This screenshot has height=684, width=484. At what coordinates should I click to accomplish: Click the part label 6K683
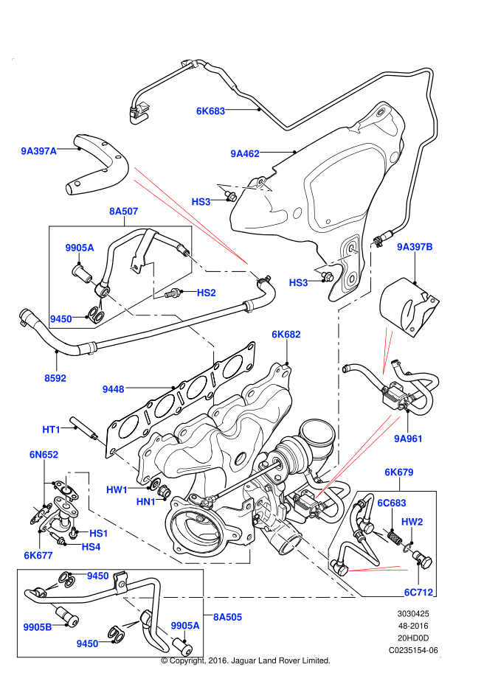[x=210, y=111]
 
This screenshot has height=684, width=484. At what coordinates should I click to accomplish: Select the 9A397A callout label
[x=38, y=152]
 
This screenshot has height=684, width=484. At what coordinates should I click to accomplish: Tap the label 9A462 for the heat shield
[x=244, y=154]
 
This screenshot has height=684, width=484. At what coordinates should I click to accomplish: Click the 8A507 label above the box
[x=124, y=212]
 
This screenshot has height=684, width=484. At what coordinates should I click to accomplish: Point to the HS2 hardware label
[x=206, y=293]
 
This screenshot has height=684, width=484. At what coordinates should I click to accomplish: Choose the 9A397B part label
[x=415, y=246]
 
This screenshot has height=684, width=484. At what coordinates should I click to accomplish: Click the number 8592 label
[x=55, y=378]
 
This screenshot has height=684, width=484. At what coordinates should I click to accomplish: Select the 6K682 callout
[x=286, y=335]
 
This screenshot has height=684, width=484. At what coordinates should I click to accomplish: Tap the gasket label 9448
[x=114, y=388]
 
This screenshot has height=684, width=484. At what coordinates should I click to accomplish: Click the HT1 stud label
[x=51, y=429]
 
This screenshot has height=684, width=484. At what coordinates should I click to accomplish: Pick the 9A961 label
[x=408, y=439]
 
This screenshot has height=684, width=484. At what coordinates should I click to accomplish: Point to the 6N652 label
[x=44, y=456]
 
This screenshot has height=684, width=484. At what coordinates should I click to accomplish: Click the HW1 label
[x=117, y=489]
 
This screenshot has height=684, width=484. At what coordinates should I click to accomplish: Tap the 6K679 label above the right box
[x=398, y=472]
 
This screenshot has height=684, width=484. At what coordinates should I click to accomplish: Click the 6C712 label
[x=418, y=592]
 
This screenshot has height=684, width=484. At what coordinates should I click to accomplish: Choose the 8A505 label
[x=227, y=615]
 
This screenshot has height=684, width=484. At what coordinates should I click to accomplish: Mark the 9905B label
[x=37, y=627]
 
